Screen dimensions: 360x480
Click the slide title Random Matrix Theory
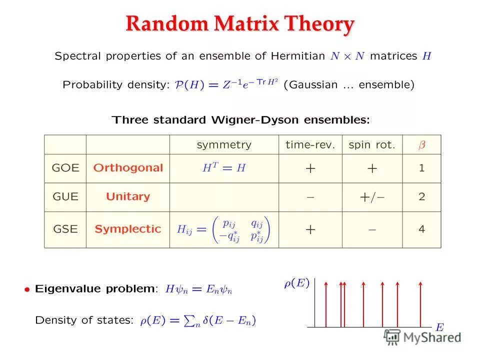[x=240, y=24]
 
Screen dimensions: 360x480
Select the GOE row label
[x=65, y=168]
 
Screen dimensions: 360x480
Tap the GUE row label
[x=65, y=196]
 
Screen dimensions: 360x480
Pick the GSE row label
[x=65, y=229]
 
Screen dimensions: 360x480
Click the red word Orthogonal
[x=128, y=168]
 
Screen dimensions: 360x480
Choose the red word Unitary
[x=128, y=196]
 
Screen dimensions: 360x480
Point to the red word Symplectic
[x=128, y=229]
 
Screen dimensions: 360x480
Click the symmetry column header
[x=224, y=145]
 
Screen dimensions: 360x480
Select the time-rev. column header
[x=310, y=145]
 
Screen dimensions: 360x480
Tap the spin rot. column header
[x=372, y=145]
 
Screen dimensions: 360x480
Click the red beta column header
[x=421, y=145]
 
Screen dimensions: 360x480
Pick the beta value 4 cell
[x=421, y=229]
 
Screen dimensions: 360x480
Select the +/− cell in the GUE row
[x=372, y=197]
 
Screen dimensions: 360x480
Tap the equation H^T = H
[x=224, y=168]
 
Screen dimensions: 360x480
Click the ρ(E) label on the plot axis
[x=296, y=283]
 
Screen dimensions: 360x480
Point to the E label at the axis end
[x=439, y=327]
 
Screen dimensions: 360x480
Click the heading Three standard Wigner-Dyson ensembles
[x=241, y=120]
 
